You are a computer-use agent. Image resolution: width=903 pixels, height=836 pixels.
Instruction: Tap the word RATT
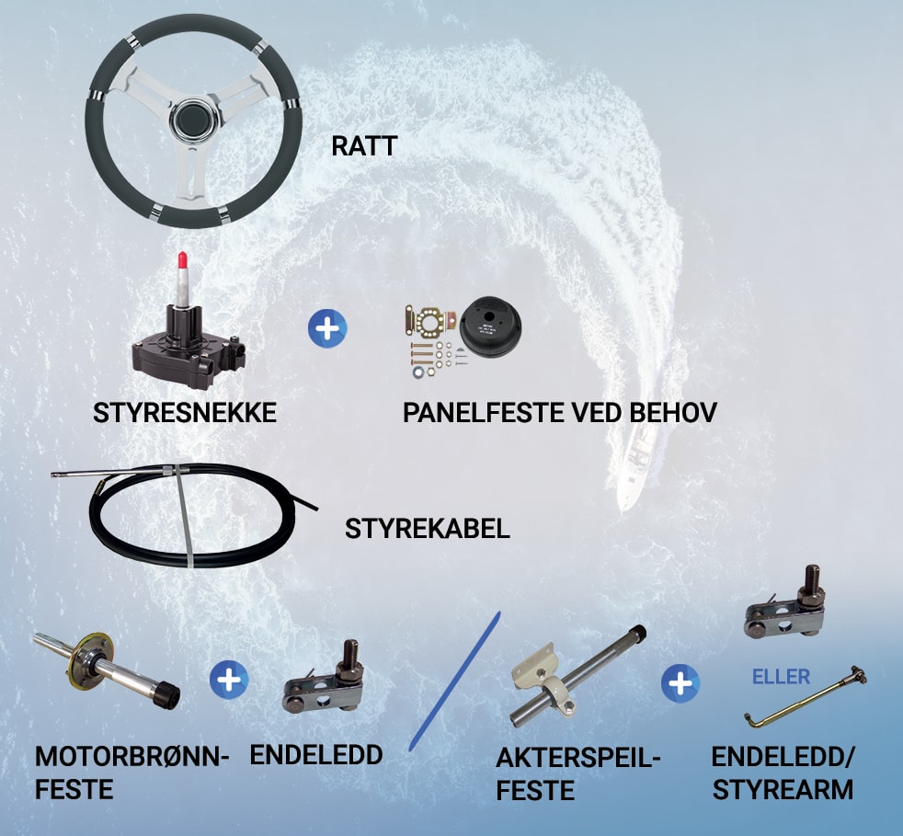tap(364, 145)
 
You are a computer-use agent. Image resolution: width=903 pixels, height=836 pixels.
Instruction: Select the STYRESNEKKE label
tap(184, 413)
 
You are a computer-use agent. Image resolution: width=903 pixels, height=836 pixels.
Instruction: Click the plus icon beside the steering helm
tap(327, 328)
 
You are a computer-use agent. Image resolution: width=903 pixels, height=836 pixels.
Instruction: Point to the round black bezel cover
tap(491, 326)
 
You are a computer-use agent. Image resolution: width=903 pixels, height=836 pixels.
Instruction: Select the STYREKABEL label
tap(428, 529)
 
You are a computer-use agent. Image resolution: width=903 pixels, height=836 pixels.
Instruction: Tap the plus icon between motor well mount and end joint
tap(229, 680)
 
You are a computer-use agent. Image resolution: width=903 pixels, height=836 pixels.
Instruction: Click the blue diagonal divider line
tap(454, 681)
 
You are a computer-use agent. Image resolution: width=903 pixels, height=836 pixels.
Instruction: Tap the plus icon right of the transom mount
tap(680, 683)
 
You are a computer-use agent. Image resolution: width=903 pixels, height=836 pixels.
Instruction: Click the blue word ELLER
tap(781, 676)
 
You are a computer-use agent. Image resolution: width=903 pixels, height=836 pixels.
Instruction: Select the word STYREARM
tap(783, 790)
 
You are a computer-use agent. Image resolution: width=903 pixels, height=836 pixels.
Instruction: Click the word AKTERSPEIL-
tap(577, 758)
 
